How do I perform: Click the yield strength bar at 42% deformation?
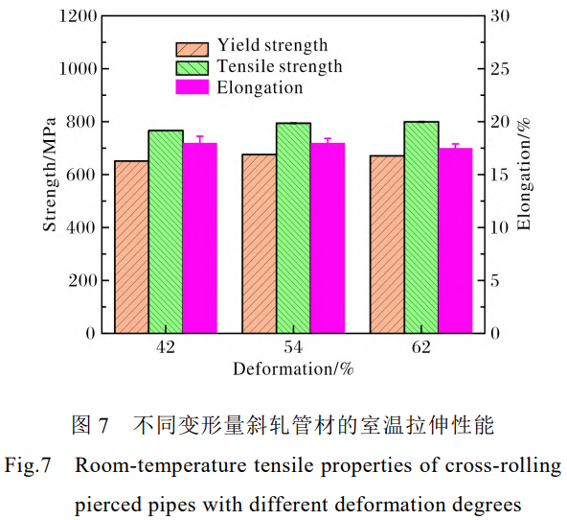[131, 247]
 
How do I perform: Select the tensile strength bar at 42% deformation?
[166, 231]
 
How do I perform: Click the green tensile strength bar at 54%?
[293, 227]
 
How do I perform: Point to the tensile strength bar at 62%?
[421, 227]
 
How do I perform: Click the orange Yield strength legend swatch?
[192, 48]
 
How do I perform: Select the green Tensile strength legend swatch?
[192, 68]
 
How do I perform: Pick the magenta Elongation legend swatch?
[192, 87]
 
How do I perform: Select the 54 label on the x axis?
[293, 349]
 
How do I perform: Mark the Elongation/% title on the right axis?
[524, 175]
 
